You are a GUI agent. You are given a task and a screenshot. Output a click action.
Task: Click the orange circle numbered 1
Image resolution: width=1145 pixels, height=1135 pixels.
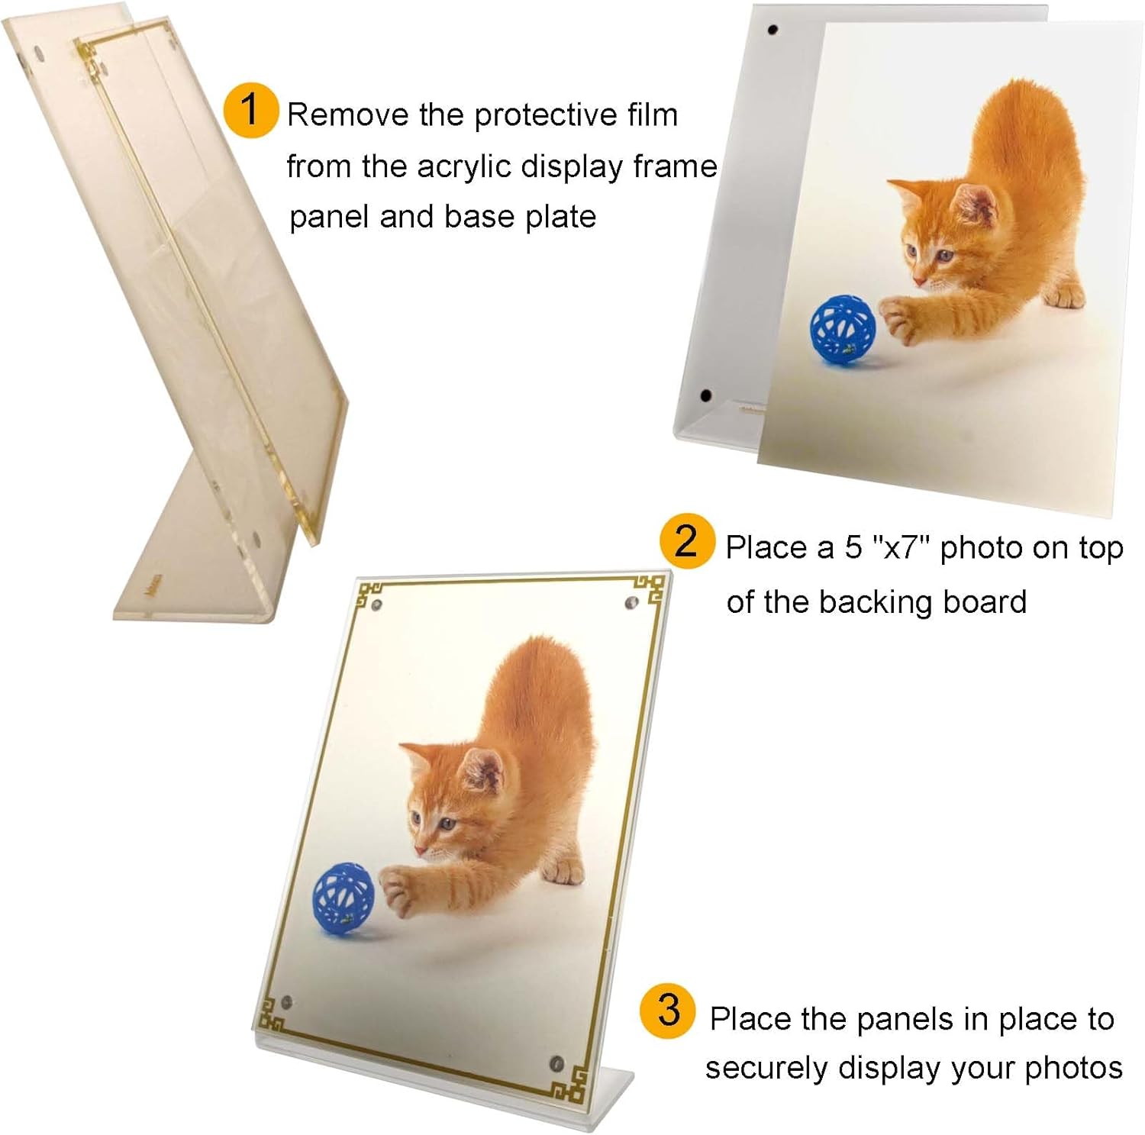(x=251, y=111)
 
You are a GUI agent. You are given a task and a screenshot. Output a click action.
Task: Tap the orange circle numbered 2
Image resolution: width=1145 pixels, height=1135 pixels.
(x=687, y=542)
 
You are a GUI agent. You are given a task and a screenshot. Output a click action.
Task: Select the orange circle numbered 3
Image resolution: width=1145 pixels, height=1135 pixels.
(x=668, y=1011)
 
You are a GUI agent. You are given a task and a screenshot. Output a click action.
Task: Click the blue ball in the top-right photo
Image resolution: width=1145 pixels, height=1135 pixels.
(x=842, y=331)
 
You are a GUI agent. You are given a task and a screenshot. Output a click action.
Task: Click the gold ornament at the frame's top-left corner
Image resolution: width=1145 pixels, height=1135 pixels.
(x=371, y=593)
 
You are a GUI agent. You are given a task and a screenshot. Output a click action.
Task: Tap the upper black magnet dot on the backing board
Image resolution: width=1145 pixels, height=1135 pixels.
(x=772, y=31)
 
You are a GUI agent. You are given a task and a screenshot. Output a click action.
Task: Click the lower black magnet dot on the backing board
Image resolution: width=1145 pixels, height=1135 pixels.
(x=706, y=396)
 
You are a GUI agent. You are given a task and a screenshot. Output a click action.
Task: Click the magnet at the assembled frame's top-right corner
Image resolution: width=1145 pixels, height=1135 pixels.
(x=631, y=603)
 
